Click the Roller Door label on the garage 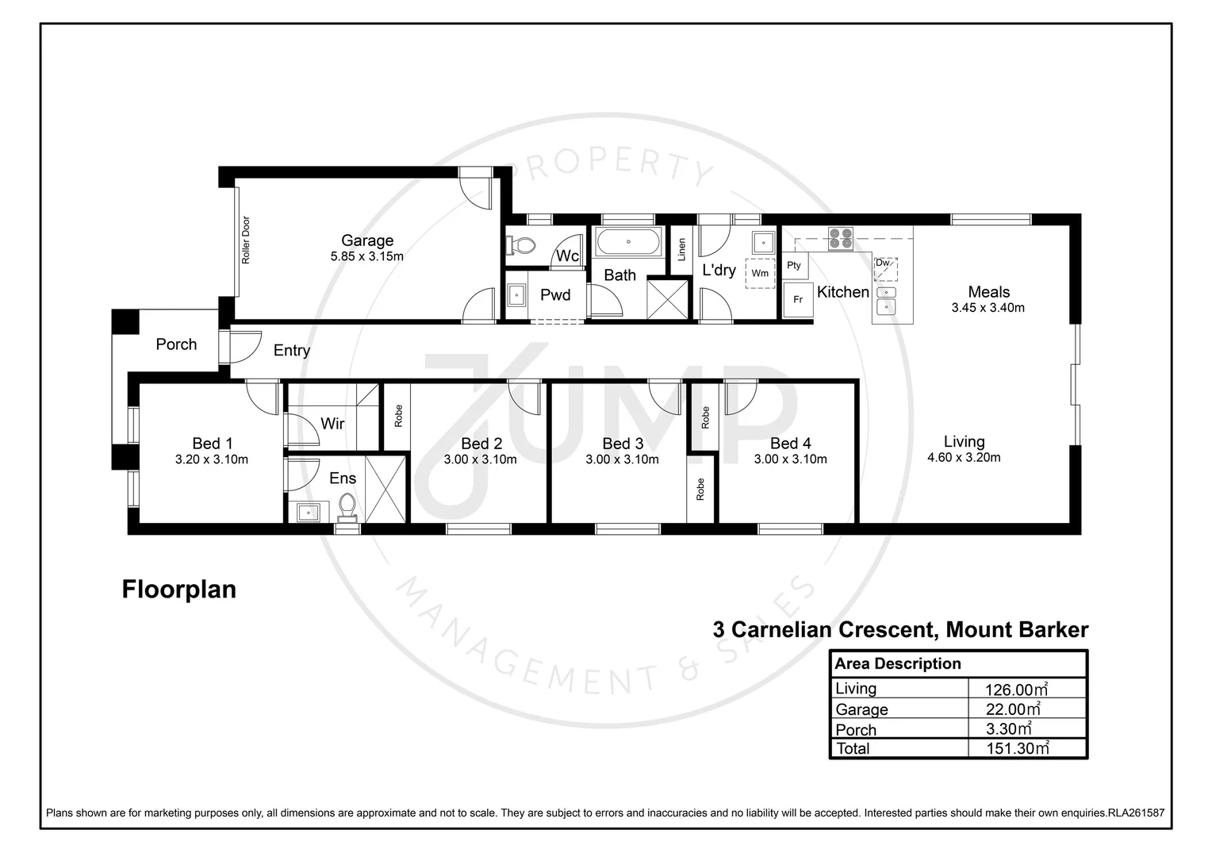tap(246, 240)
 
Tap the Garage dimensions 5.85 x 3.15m tap(367, 256)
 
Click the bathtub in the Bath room tap(627, 241)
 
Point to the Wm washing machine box tap(760, 272)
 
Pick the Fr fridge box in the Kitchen tap(798, 300)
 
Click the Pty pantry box tap(794, 266)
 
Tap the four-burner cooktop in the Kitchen tap(840, 238)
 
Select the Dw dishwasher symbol tap(885, 268)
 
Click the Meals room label tap(988, 292)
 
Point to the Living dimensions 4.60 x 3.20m tap(964, 457)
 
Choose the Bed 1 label tap(212, 444)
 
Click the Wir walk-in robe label tap(332, 424)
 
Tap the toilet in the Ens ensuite tap(347, 506)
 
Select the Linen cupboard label tap(681, 250)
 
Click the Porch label tap(176, 344)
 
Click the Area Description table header tap(897, 663)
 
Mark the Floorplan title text tap(179, 590)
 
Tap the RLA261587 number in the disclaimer tap(1135, 813)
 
